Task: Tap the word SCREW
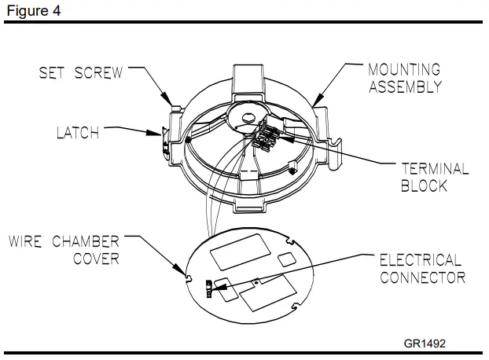[x=101, y=73]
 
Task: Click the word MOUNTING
[x=404, y=71]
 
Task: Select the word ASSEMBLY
[x=405, y=87]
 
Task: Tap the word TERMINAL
[x=435, y=169]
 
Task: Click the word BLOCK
[x=424, y=186]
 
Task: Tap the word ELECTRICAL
[x=421, y=259]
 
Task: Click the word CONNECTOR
[x=422, y=277]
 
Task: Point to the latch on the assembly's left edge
[x=164, y=138]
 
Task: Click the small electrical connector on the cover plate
[x=209, y=288]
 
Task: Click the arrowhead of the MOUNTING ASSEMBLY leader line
[x=314, y=105]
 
